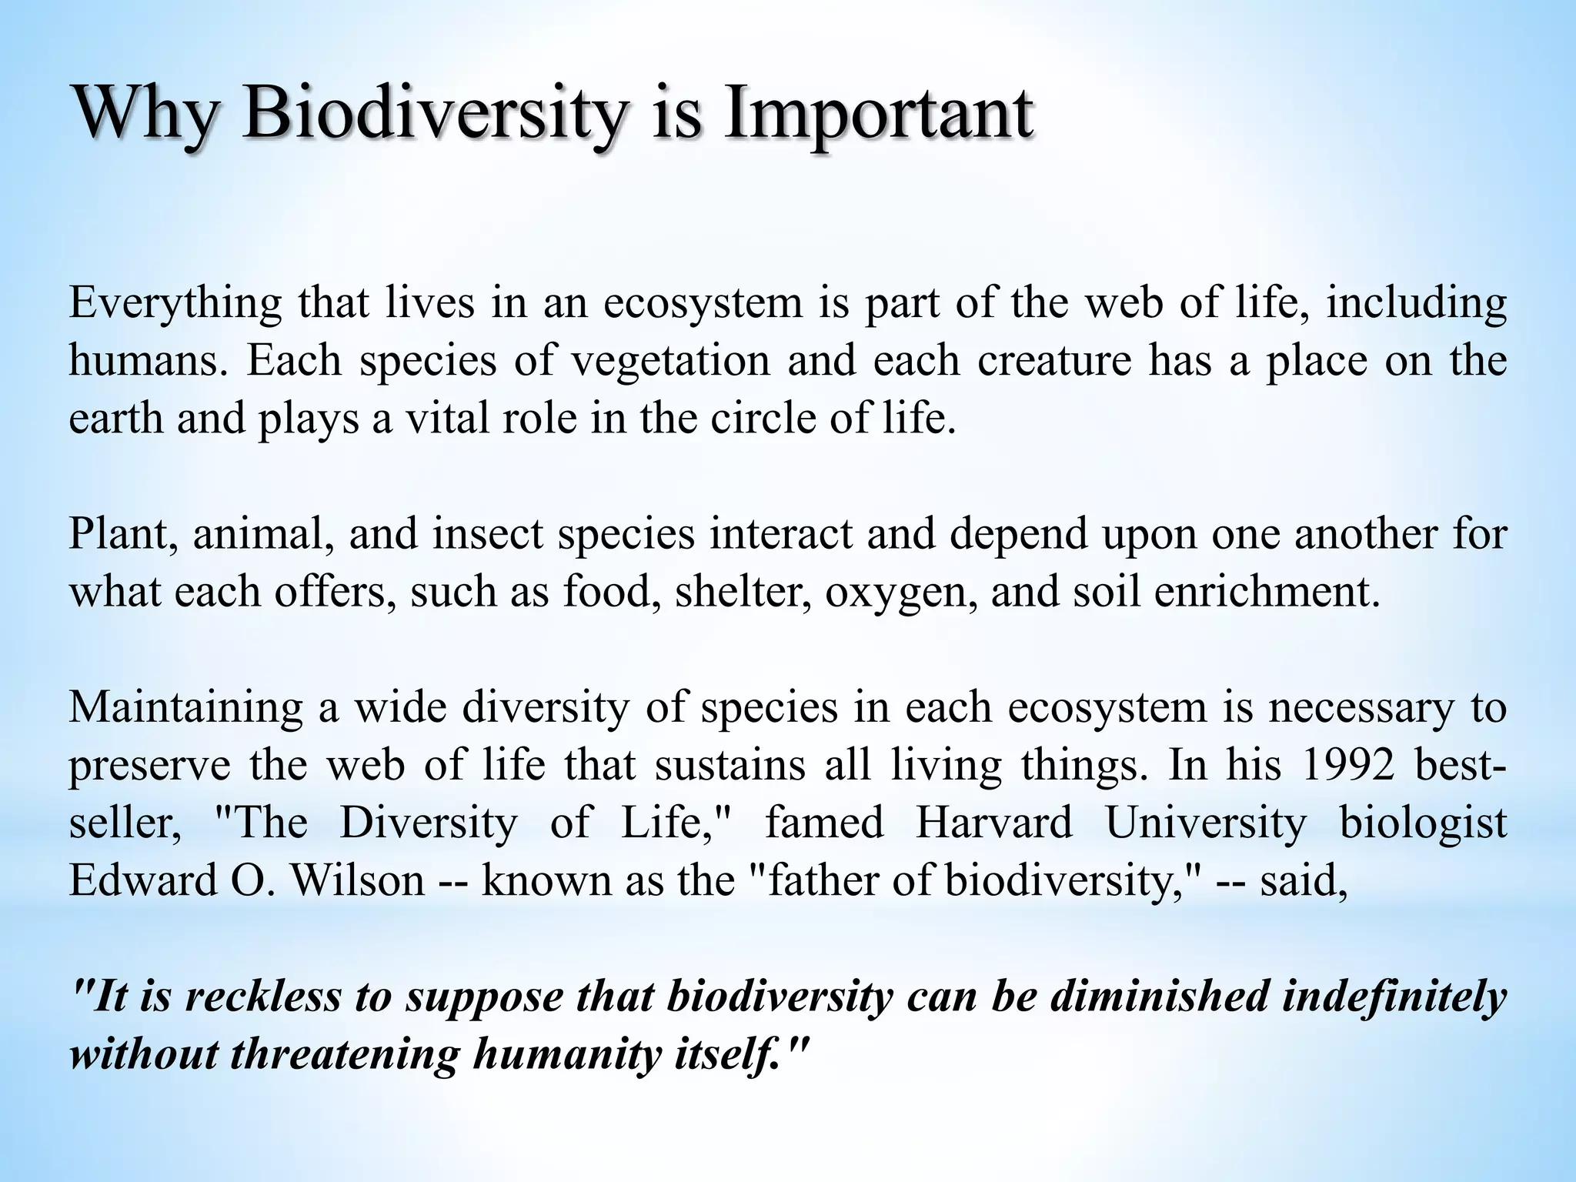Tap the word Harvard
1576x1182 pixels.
point(993,823)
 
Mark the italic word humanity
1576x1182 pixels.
point(567,1053)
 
